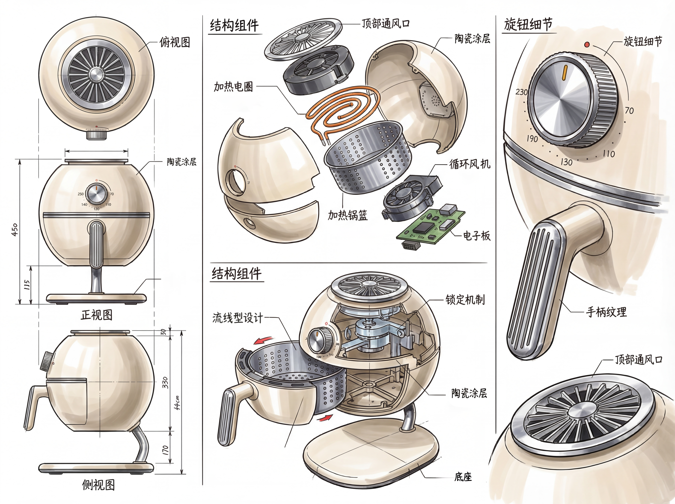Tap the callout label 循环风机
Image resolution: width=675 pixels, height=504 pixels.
(470, 164)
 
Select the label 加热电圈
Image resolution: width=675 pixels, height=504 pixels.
(233, 87)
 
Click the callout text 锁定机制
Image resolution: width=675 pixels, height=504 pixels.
(465, 300)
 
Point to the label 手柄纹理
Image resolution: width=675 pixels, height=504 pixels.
(606, 312)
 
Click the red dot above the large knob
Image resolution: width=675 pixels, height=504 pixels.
(587, 45)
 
